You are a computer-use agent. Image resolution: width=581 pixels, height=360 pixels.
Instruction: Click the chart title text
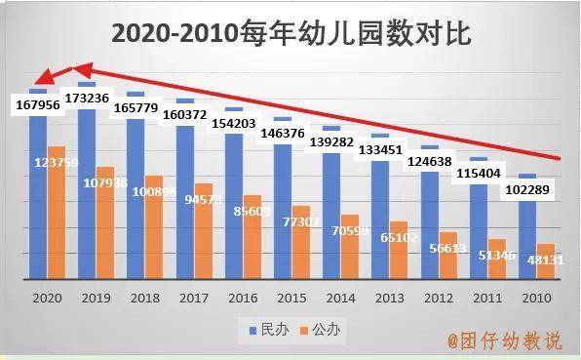pyautogui.click(x=290, y=34)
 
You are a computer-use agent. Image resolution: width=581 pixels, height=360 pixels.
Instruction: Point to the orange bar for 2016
pyautogui.click(x=252, y=244)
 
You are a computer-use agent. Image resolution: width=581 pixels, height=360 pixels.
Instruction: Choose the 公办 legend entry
pyautogui.click(x=318, y=331)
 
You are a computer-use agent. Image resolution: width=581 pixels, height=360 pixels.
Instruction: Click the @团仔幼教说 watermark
pyautogui.click(x=504, y=341)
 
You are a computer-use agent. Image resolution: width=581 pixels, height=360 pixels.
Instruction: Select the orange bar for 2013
pyautogui.click(x=399, y=252)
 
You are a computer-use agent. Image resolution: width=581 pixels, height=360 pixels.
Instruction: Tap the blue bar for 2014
pyautogui.click(x=330, y=215)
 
